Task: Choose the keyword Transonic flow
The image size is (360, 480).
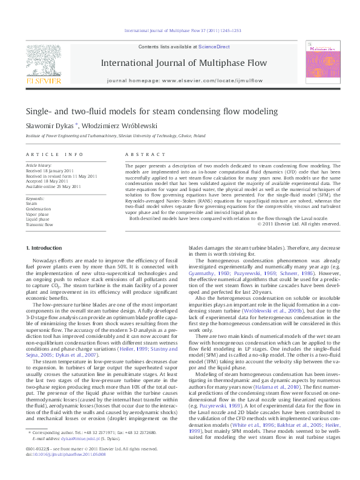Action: click(x=41, y=224)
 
